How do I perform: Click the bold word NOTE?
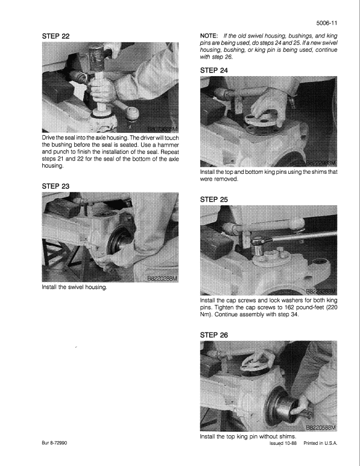(x=210, y=37)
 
